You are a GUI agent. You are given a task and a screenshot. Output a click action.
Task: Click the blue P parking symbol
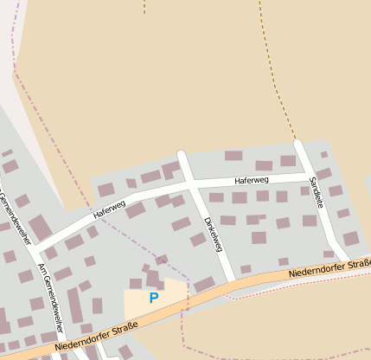(154, 298)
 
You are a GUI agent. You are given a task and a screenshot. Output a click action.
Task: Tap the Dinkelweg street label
(213, 234)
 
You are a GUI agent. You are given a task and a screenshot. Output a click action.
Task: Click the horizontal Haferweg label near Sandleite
(252, 181)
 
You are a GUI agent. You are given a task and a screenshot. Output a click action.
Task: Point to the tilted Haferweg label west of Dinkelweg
(110, 209)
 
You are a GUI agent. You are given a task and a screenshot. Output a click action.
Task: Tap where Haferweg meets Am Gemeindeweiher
(36, 248)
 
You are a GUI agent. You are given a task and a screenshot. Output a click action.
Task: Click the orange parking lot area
(138, 303)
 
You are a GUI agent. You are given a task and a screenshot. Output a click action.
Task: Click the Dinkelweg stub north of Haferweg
(183, 164)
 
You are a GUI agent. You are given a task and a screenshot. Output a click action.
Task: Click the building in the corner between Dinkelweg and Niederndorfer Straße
(205, 284)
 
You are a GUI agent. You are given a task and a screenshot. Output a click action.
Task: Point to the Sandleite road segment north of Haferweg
(303, 156)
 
